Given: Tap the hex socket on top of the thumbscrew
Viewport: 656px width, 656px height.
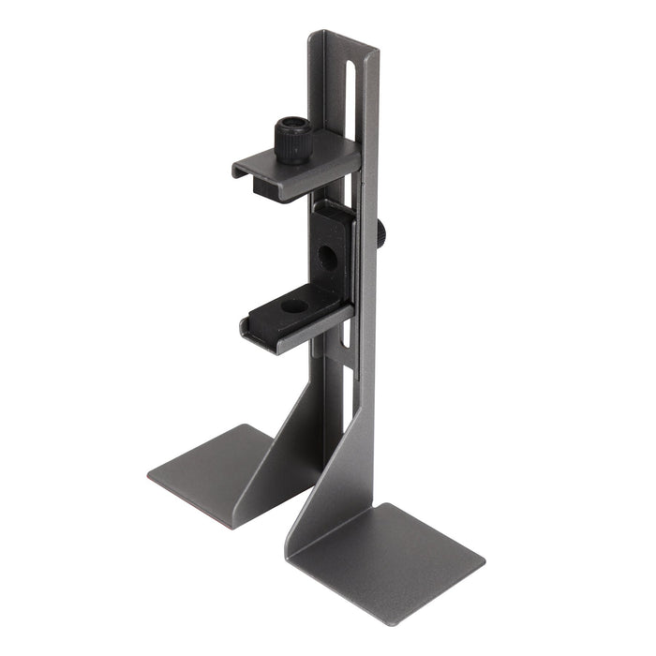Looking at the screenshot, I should pyautogui.click(x=292, y=125).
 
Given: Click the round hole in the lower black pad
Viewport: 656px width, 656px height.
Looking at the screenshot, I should pyautogui.click(x=292, y=306).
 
